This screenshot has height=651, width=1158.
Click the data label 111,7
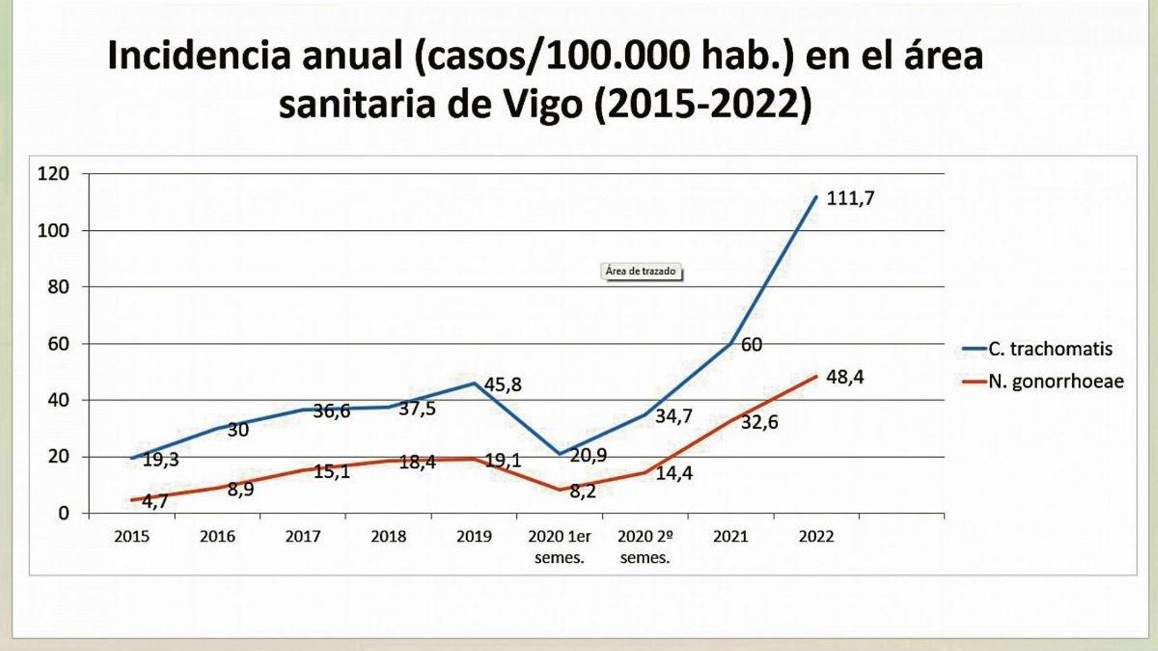tap(850, 198)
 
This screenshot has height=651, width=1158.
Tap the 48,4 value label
tap(845, 378)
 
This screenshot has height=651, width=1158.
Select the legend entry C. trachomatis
tap(1049, 349)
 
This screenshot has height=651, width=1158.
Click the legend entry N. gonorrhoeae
tap(1055, 381)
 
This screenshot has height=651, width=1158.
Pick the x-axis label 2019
tap(473, 537)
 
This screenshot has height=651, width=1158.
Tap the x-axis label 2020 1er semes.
tap(559, 547)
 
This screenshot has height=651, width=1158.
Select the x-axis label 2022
tap(816, 537)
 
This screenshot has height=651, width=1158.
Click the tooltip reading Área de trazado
tap(641, 271)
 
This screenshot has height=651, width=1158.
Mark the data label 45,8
tap(502, 386)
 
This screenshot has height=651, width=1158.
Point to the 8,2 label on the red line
tap(582, 493)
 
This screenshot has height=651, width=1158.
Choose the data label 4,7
tap(153, 501)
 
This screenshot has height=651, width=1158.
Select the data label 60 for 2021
tap(751, 345)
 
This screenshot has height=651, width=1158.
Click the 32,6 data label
tap(759, 422)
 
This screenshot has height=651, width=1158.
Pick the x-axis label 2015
tap(132, 537)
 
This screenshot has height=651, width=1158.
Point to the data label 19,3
tap(160, 460)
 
